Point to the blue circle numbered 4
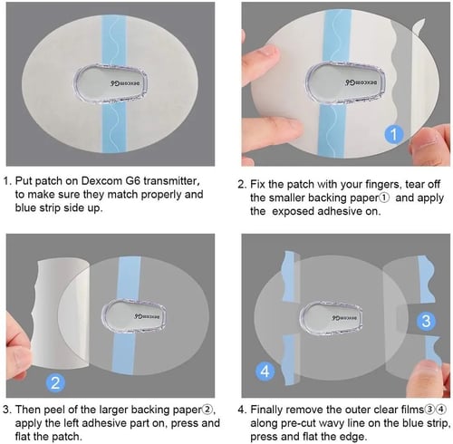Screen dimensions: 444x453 click(x=265, y=370)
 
